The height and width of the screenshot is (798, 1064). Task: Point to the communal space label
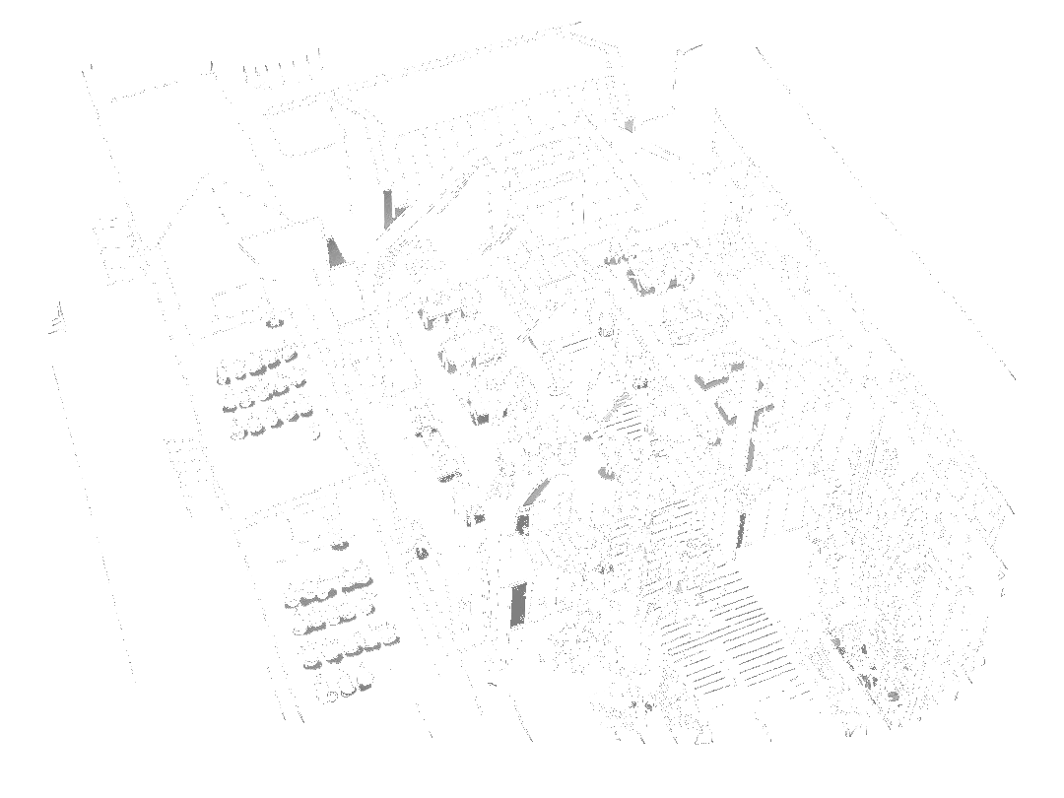pos(753,680)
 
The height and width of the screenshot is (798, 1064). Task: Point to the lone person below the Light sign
pos(522,256)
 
